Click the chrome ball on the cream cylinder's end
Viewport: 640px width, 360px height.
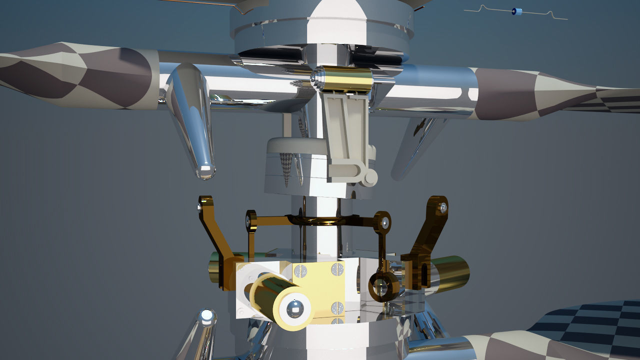[294, 310]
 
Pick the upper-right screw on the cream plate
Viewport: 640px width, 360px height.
[338, 269]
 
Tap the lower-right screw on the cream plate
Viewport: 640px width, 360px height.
[338, 307]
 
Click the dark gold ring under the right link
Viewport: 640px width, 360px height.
[383, 287]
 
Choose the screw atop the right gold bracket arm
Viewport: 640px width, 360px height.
[442, 206]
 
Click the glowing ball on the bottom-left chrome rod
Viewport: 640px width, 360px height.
[206, 316]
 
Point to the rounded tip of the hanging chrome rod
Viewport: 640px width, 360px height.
[205, 171]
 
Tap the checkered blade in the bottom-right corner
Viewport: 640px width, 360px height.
[590, 325]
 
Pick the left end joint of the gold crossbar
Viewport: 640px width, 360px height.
[250, 220]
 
